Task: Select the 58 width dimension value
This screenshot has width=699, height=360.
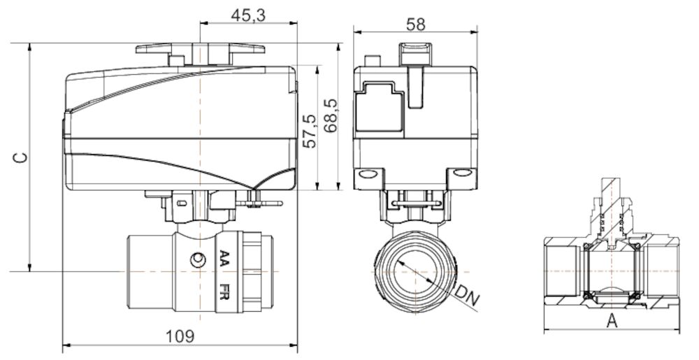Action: [415, 23]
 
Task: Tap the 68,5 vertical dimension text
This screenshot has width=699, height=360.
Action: [331, 115]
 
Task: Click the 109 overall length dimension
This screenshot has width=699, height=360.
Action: [180, 336]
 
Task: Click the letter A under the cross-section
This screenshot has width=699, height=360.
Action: [612, 321]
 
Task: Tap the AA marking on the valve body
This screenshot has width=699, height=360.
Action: [224, 259]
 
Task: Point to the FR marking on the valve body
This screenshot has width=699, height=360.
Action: [224, 292]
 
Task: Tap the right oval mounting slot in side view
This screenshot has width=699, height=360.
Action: [462, 173]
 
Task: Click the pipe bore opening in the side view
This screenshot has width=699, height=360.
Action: [415, 270]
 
